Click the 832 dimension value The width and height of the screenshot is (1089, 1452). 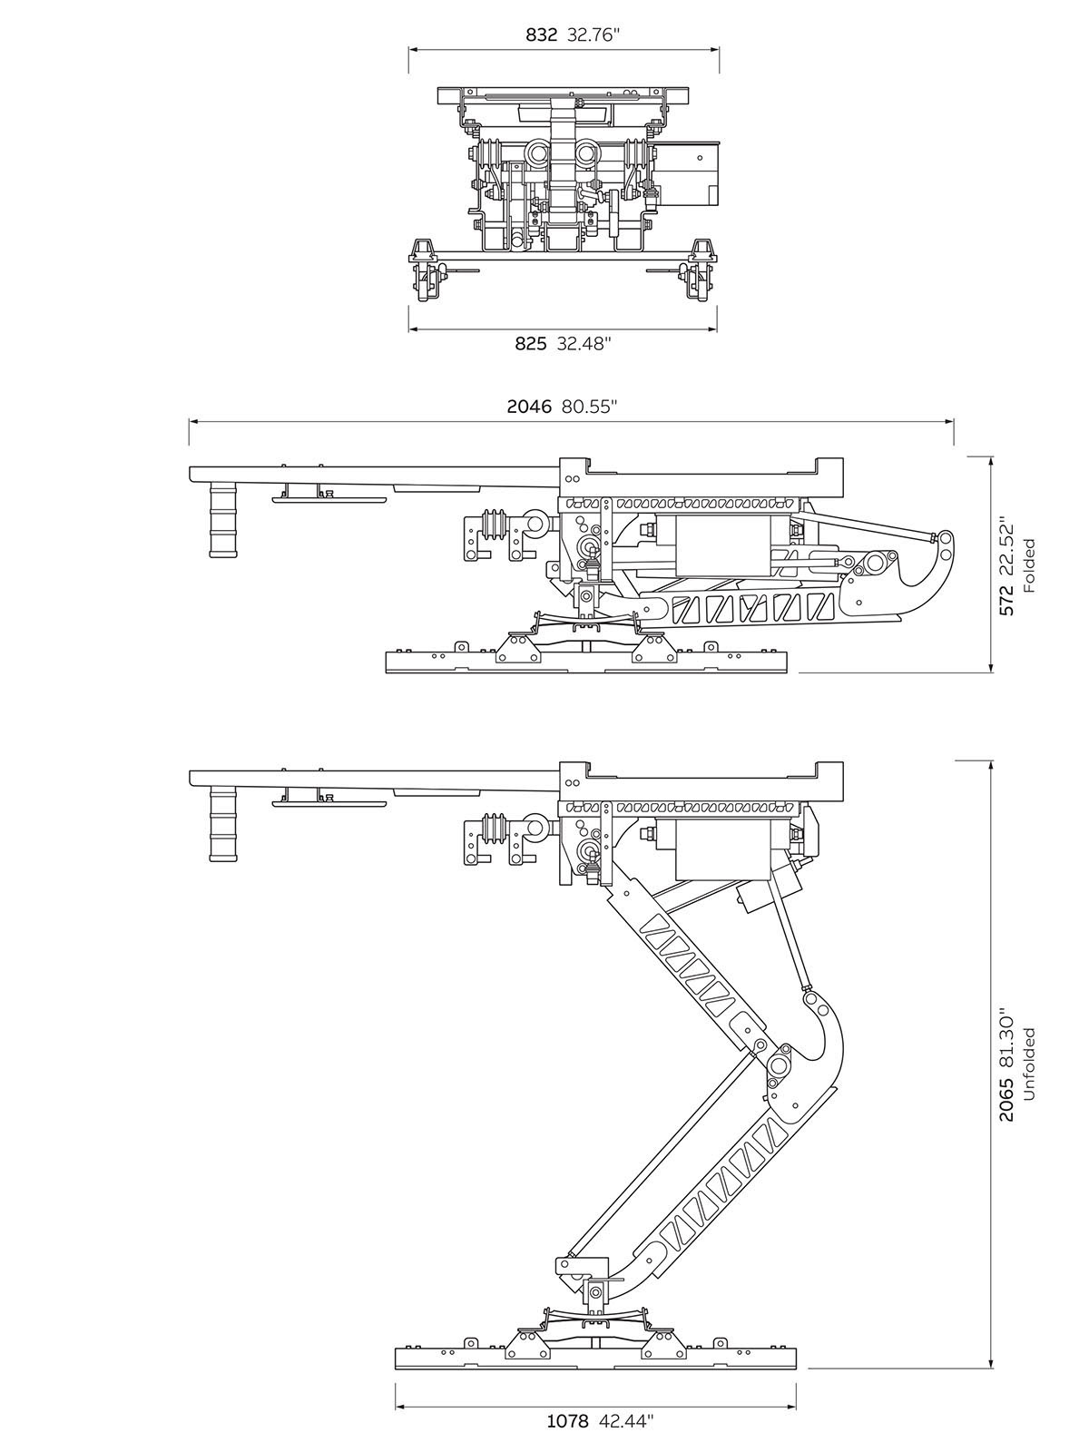pos(542,34)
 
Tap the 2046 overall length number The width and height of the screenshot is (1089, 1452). pos(529,407)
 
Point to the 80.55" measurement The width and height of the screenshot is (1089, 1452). pos(589,407)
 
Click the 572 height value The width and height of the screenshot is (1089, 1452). pos(1006,601)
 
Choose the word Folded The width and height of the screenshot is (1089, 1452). pos(1028,565)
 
